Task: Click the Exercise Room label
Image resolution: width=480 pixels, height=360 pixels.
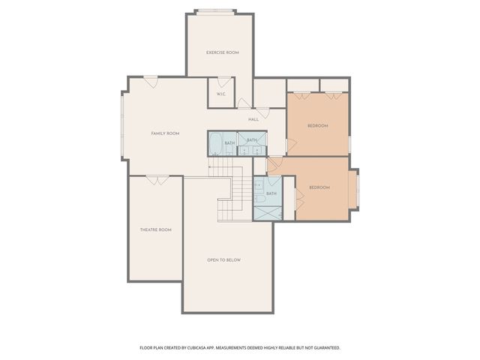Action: click(223, 52)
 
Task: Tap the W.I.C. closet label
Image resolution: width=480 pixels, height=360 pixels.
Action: click(221, 94)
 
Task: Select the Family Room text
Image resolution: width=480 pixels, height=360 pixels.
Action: click(165, 133)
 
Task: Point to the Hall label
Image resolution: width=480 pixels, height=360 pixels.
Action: click(253, 119)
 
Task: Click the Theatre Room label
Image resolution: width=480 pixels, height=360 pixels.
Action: click(155, 229)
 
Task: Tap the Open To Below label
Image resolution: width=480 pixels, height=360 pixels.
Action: click(223, 260)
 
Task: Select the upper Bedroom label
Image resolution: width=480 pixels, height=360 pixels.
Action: click(318, 126)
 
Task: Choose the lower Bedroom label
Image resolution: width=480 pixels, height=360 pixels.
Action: click(319, 187)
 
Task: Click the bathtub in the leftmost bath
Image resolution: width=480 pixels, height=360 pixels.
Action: click(215, 142)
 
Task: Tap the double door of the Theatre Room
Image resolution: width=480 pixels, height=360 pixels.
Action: click(157, 179)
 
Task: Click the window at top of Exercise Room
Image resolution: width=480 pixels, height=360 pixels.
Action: click(223, 12)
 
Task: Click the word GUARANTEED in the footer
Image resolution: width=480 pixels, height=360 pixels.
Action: click(325, 348)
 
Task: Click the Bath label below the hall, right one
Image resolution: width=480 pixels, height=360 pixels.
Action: click(252, 140)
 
